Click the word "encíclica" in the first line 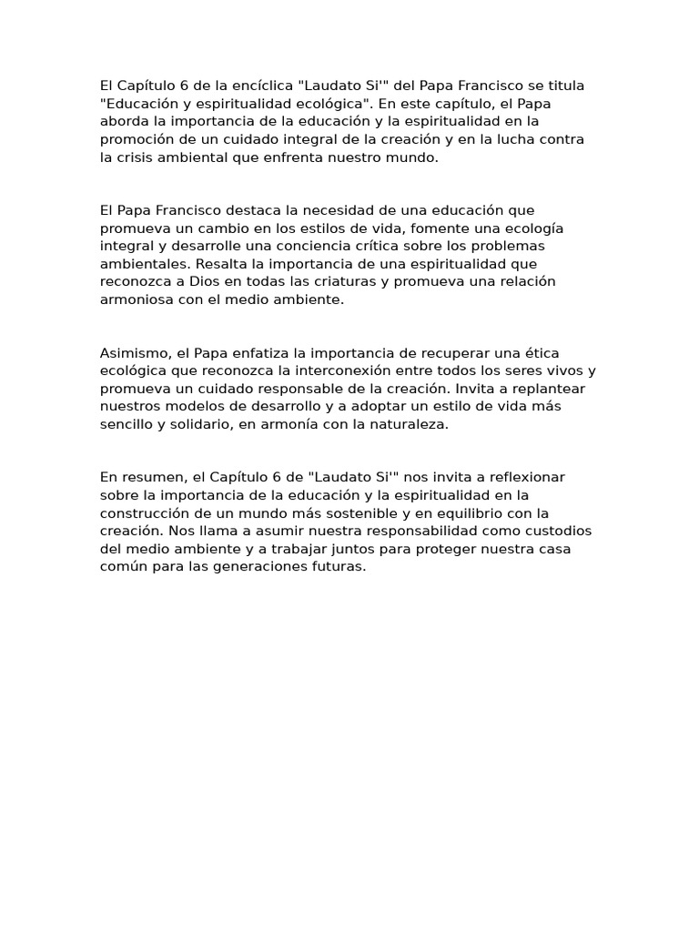click(x=263, y=86)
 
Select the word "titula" click(x=563, y=86)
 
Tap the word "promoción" click(x=136, y=139)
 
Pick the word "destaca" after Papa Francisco click(x=240, y=210)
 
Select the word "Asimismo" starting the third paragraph click(x=133, y=352)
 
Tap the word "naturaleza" click(x=406, y=424)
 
